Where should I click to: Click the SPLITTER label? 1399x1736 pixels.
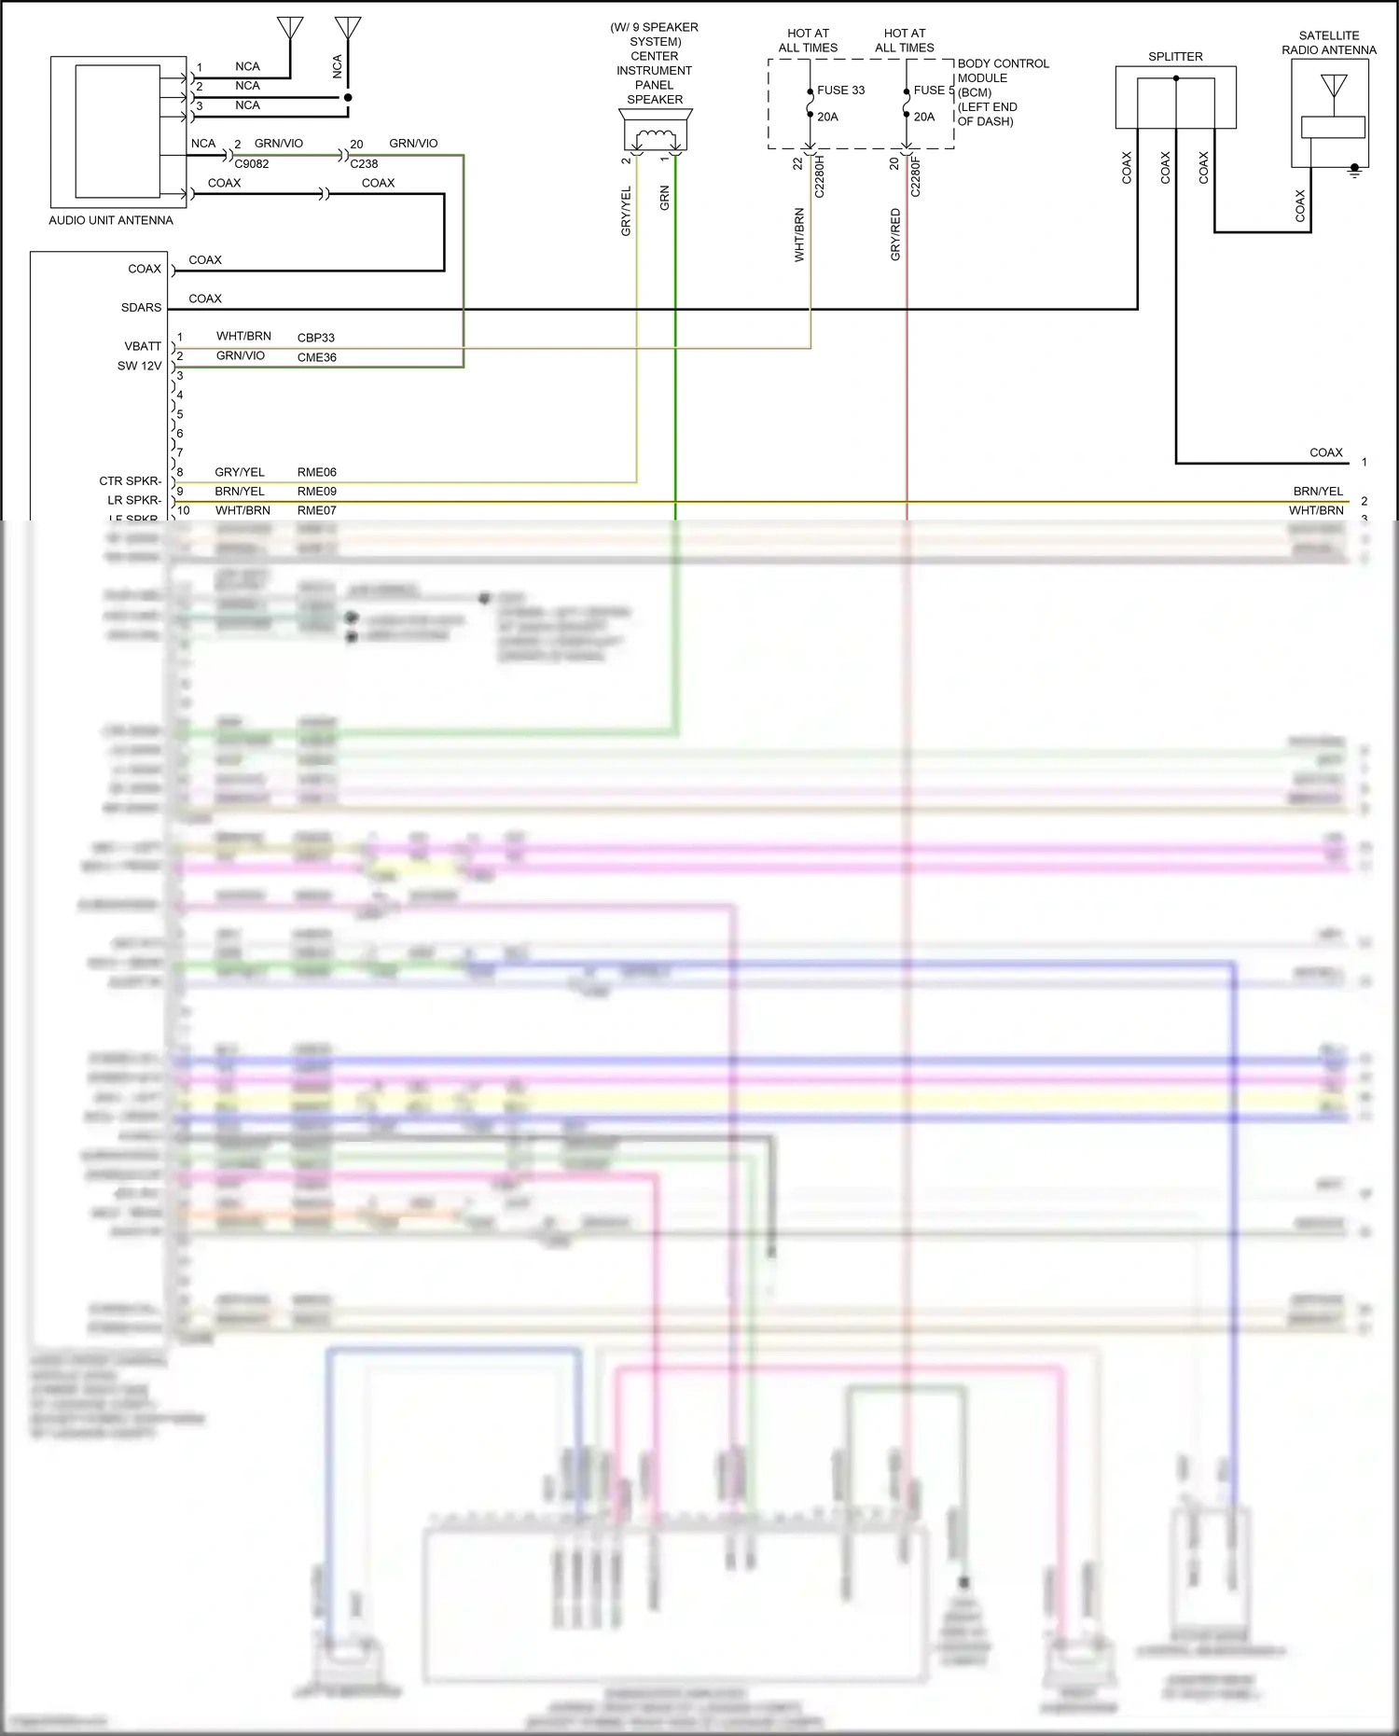click(x=1175, y=57)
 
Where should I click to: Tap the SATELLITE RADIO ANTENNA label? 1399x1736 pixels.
click(x=1328, y=43)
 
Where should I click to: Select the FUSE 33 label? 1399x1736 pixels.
click(x=840, y=90)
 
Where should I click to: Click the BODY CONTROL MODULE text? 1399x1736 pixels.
click(x=1003, y=91)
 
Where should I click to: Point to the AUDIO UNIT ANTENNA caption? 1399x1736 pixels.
click(x=111, y=220)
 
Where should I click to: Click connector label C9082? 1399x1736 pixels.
click(x=252, y=164)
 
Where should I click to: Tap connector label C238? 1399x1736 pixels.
click(x=364, y=164)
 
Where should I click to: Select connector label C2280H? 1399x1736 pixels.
click(x=820, y=176)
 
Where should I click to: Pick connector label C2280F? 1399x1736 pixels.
click(x=916, y=176)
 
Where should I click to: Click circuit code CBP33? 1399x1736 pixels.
click(x=316, y=338)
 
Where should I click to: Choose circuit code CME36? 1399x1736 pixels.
click(x=317, y=357)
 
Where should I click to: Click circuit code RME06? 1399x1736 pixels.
click(x=317, y=472)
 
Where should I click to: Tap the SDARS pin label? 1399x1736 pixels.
click(x=141, y=308)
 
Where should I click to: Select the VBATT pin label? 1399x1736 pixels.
click(x=143, y=346)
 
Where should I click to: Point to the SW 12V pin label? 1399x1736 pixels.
click(x=139, y=366)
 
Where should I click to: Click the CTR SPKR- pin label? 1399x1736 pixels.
click(x=130, y=481)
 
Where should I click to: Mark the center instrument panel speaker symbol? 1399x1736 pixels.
click(x=656, y=132)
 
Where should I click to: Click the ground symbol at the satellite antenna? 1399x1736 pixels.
click(x=1355, y=172)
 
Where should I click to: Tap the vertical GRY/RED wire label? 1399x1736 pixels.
click(x=895, y=234)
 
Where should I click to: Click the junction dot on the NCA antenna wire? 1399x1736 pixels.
click(x=348, y=97)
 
